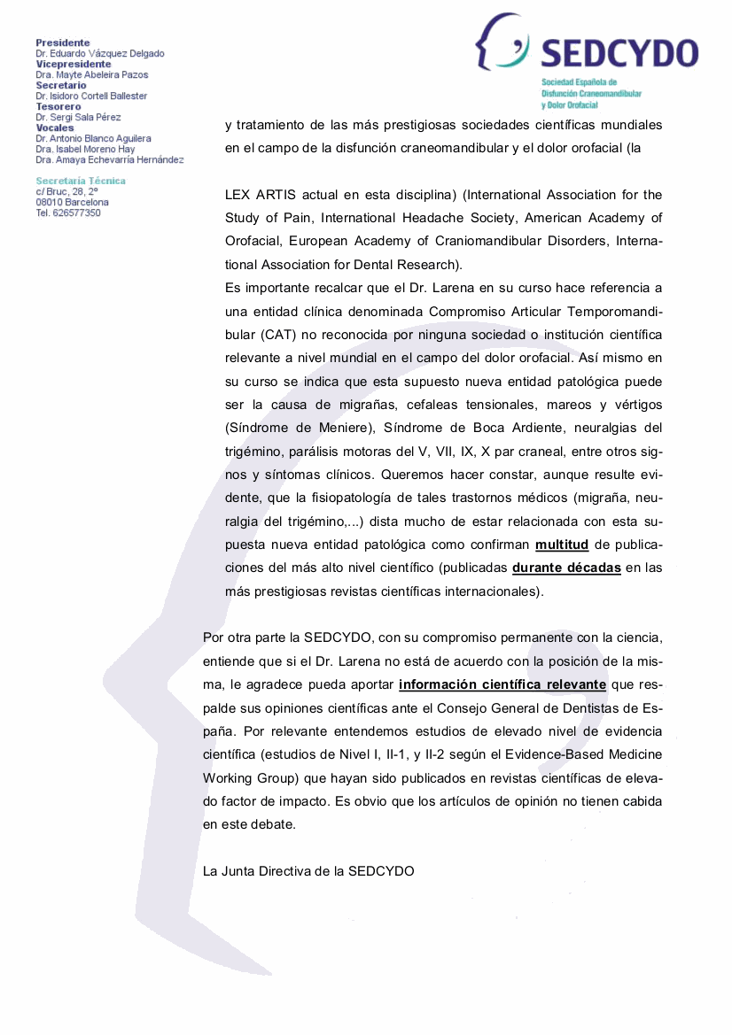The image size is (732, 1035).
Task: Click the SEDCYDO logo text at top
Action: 619,53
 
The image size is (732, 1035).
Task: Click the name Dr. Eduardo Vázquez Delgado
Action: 99,53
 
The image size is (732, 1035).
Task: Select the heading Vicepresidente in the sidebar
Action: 74,64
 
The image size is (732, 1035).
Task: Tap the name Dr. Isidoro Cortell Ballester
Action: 91,96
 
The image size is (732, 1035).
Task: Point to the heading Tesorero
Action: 58,106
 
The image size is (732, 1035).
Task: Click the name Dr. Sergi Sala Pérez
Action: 78,117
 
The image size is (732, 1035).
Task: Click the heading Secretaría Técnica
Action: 81,181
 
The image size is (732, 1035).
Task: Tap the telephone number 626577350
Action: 79,212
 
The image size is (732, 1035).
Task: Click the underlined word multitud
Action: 562,544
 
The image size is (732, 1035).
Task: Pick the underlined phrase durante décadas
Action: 566,568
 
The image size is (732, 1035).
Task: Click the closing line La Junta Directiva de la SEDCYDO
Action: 308,870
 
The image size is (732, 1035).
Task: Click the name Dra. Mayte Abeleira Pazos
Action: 92,74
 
